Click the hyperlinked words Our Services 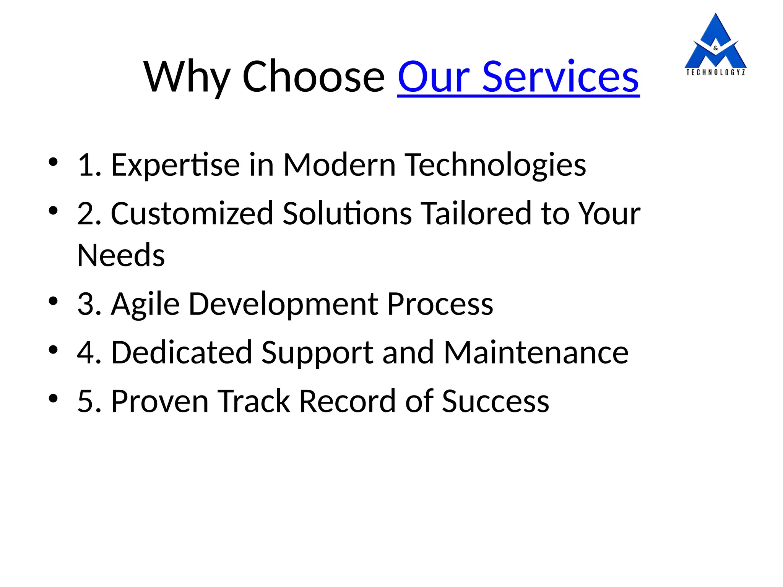518,78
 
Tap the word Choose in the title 314,78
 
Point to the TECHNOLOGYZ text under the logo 715,72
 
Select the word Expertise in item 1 175,165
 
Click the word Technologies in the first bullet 495,165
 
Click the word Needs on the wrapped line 121,255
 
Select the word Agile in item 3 145,304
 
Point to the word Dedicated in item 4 181,352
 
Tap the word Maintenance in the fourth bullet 536,352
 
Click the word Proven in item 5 159,401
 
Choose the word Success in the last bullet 495,401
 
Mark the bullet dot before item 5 53,398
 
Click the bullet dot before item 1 53,162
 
